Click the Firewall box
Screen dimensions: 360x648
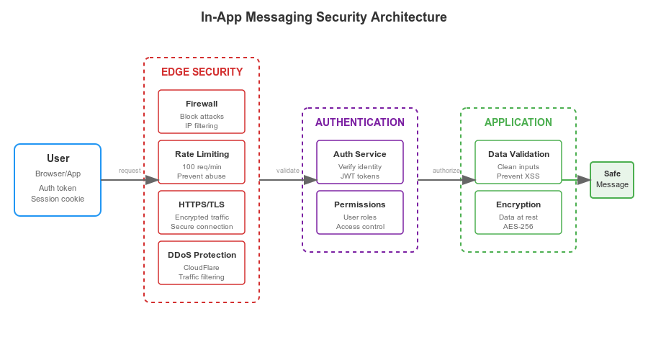(x=202, y=112)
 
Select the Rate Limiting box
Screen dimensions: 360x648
(x=202, y=162)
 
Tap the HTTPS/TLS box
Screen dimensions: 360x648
(x=202, y=212)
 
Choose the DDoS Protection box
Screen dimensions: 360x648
(x=202, y=263)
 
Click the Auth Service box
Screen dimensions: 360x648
(x=360, y=162)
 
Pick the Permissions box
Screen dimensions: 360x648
(x=360, y=212)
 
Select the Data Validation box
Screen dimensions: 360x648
(x=518, y=162)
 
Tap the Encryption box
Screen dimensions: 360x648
(x=518, y=212)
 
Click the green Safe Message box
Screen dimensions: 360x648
(x=612, y=180)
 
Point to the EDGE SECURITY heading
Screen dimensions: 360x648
(x=202, y=72)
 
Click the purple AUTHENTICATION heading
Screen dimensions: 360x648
(x=360, y=122)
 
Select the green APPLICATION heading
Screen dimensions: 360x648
(x=518, y=122)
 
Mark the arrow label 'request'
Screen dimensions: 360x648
(x=130, y=171)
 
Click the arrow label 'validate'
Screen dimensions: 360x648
(x=288, y=171)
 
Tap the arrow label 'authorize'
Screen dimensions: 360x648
(x=446, y=171)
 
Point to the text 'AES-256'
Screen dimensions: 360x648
(x=518, y=226)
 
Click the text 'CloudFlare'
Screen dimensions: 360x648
(x=202, y=267)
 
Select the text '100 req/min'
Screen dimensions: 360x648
(x=202, y=166)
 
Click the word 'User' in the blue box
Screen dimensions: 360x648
(x=58, y=158)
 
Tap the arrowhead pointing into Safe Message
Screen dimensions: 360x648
(x=584, y=180)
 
